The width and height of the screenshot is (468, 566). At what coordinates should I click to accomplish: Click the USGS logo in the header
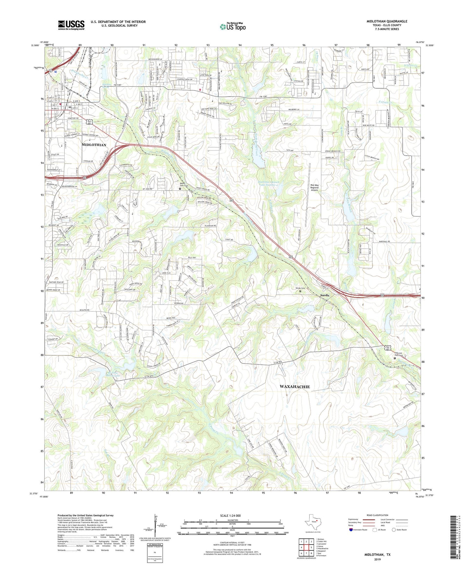click(71, 25)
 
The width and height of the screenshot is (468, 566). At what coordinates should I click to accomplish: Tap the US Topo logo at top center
click(233, 27)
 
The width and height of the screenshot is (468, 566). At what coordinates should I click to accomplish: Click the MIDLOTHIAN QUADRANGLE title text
click(387, 21)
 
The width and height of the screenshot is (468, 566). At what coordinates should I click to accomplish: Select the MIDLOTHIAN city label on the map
click(94, 145)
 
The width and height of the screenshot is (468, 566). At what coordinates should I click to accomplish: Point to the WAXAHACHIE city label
click(294, 387)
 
